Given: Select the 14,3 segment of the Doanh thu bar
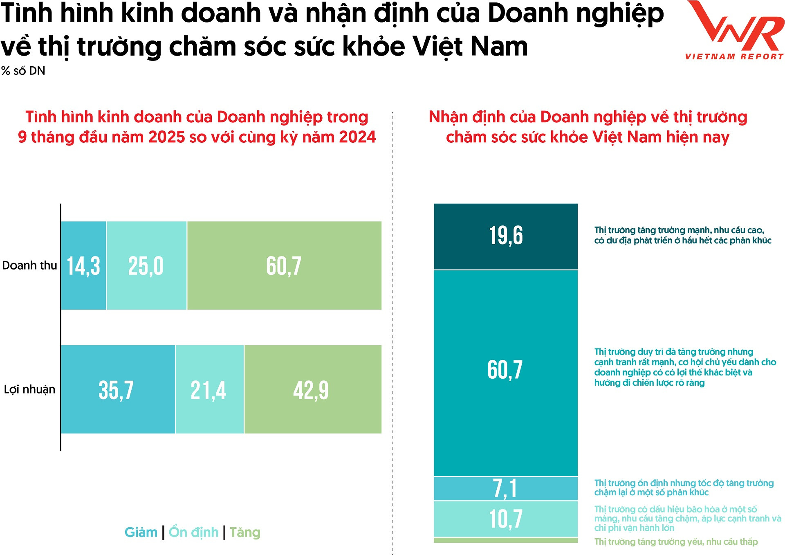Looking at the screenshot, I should point(83,265).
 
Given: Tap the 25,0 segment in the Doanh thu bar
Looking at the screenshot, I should point(146,265).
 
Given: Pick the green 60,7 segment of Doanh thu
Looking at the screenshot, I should point(284,265).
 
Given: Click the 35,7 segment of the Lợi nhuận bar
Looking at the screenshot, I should point(118,389).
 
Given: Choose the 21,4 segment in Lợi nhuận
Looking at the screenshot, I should point(209,389).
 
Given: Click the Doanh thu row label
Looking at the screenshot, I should point(29,265).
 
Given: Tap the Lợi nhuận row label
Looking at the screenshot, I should point(29,389).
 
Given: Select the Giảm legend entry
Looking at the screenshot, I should point(141,532).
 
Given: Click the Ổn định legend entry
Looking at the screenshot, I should point(194,532).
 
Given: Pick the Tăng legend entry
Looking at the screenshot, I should point(245,532).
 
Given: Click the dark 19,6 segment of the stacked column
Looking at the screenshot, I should point(506,236).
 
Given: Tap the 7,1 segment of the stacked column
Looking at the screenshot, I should point(506,488).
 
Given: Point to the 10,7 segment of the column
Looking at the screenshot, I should point(506,519).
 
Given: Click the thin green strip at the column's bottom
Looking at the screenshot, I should point(506,540).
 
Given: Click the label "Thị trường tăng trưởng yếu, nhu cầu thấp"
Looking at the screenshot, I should point(676,542).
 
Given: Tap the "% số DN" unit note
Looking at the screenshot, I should point(23,71).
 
